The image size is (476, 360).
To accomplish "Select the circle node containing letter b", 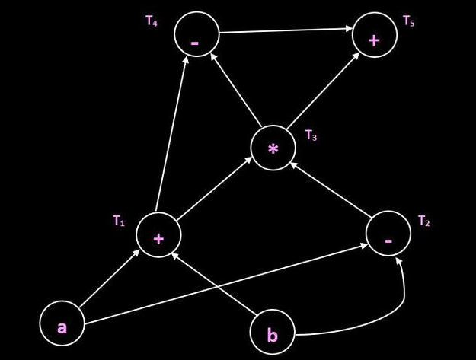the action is click(x=273, y=333).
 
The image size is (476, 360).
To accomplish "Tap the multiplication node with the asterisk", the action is click(x=273, y=148).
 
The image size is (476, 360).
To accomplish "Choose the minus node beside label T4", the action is click(x=196, y=35).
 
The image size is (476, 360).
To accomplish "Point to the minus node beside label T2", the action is click(x=388, y=234).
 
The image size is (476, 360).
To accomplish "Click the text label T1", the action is click(x=118, y=221).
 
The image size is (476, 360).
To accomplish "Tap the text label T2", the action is click(x=424, y=221).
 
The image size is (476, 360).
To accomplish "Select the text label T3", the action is click(x=311, y=135).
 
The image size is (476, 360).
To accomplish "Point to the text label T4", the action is click(x=152, y=21).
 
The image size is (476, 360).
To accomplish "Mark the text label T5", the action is click(x=409, y=21).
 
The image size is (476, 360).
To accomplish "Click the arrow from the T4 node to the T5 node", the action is click(x=286, y=31).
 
